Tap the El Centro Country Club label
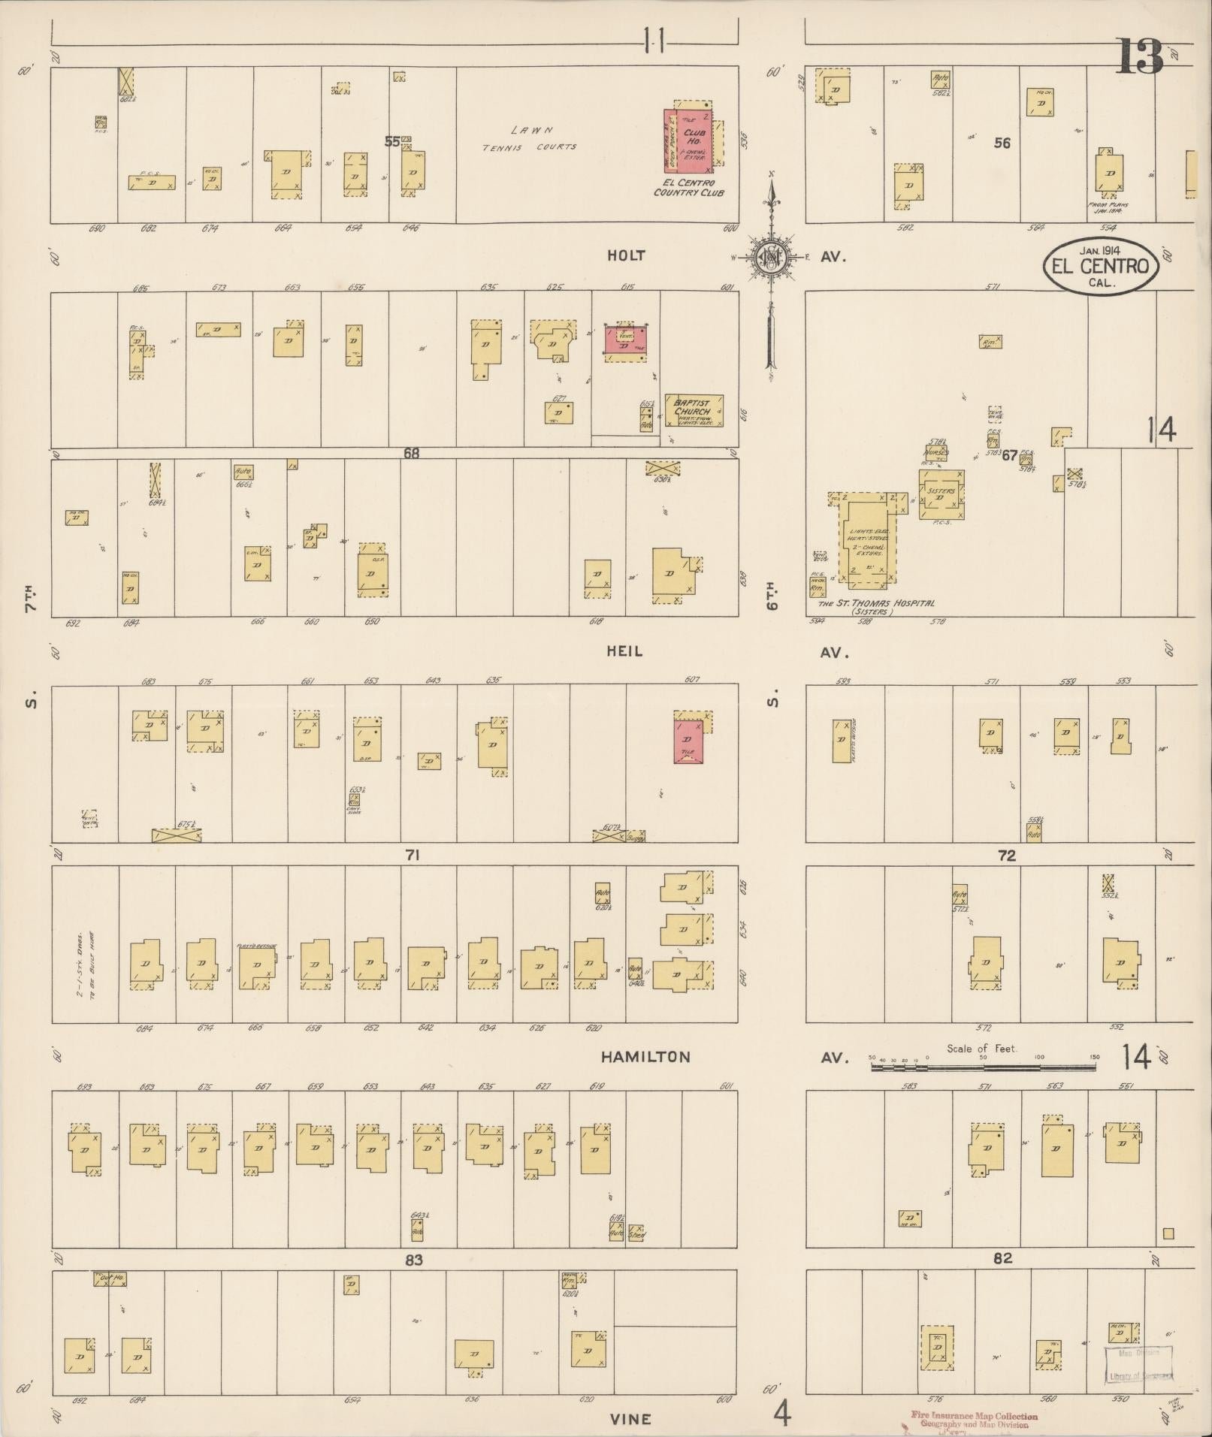(x=689, y=188)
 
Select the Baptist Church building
(x=694, y=411)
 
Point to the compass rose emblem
(x=771, y=257)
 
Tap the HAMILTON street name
(x=645, y=1057)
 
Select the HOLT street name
(x=626, y=256)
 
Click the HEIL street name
(x=624, y=651)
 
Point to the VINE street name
(x=630, y=1418)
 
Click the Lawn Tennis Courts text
(x=529, y=139)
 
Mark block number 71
(x=412, y=854)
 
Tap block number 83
(x=414, y=1260)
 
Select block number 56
(x=1002, y=143)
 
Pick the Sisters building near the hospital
(x=941, y=494)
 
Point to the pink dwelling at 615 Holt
(x=626, y=343)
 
